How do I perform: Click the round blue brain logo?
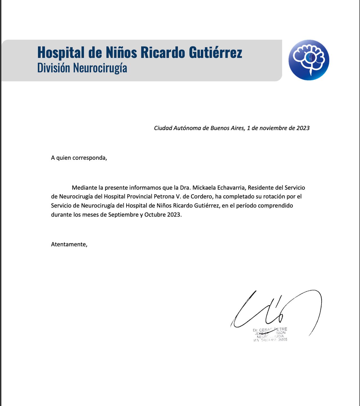309,60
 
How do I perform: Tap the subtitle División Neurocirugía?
82,68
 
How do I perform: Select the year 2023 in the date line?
303,128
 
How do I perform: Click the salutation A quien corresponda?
79,158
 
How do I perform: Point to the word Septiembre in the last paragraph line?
123,215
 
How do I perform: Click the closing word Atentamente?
69,244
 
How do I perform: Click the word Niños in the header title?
121,52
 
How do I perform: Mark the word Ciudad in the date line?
163,128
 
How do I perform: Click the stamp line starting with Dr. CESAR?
270,330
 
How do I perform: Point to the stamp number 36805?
282,340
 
